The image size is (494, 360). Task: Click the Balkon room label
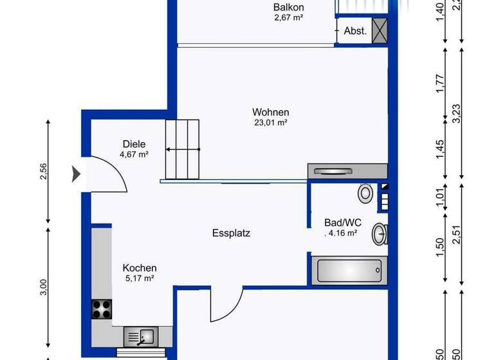[x=288, y=8]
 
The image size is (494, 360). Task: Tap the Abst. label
[x=355, y=30]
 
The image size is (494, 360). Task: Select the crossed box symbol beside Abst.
[x=380, y=30]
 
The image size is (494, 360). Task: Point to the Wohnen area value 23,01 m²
[x=270, y=123]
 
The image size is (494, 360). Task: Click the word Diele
[x=134, y=145]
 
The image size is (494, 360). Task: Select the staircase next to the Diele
[x=183, y=149]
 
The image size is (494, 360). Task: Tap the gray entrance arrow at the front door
[x=75, y=173]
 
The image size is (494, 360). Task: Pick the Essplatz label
[x=231, y=233]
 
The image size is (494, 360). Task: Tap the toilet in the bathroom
[x=366, y=193]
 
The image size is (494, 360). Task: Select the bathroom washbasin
[x=380, y=235]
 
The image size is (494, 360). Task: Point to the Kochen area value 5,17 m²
[x=139, y=278]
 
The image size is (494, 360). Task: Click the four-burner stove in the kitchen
[x=102, y=310]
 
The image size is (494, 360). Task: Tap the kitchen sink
[x=139, y=336]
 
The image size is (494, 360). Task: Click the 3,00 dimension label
[x=44, y=287]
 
